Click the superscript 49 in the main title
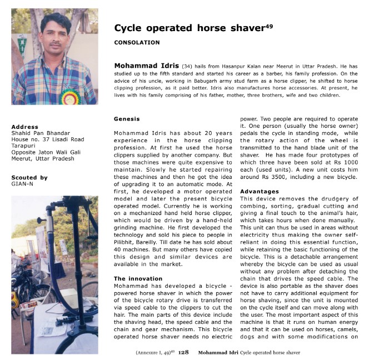tap(269, 26)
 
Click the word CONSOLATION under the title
tap(137, 42)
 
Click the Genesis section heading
tap(127, 119)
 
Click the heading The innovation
tap(138, 278)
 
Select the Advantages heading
tap(259, 191)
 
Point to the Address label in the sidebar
tap(25, 127)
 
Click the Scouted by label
tap(29, 177)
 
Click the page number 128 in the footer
tap(183, 352)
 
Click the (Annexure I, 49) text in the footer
tap(154, 352)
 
